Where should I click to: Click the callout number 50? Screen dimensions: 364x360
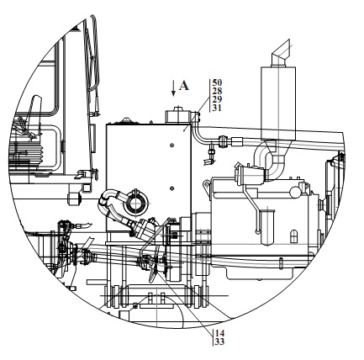[217, 82]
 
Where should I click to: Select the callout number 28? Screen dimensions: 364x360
[217, 91]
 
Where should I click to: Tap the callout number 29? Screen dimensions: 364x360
[217, 99]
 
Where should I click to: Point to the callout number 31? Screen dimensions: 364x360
[217, 108]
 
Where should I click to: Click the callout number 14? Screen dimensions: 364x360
[220, 333]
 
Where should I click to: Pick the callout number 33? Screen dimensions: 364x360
[220, 341]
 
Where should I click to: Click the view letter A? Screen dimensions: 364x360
[184, 86]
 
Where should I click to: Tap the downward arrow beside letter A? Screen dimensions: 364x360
[173, 88]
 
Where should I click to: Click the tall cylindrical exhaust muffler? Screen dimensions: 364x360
[278, 103]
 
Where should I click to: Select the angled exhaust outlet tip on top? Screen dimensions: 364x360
[281, 53]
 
